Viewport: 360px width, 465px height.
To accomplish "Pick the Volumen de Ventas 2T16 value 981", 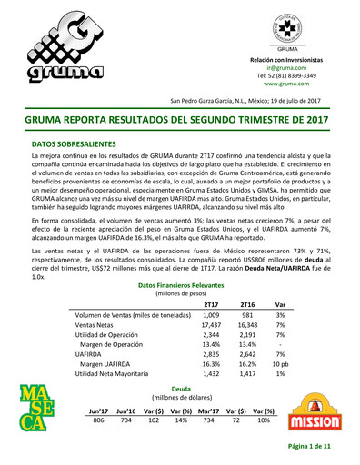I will click(x=246, y=286).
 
